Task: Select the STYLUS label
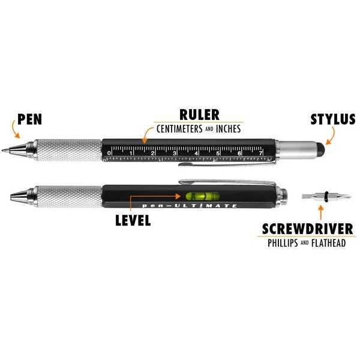click(333, 119)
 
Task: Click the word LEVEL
click(133, 220)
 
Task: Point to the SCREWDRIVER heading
click(304, 230)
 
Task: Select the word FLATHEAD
click(326, 244)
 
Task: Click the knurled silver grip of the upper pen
click(67, 148)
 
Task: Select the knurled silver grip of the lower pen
click(67, 195)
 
